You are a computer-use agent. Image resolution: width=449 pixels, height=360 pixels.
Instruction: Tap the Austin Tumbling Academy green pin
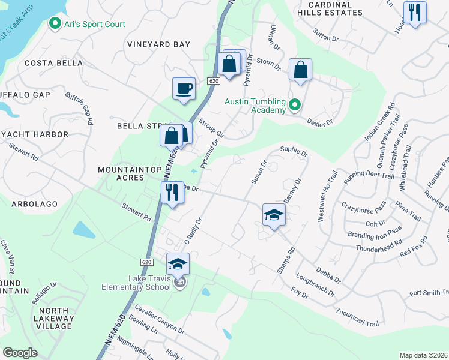[x=294, y=106]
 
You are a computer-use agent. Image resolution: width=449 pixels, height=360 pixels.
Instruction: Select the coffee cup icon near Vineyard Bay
[x=184, y=89]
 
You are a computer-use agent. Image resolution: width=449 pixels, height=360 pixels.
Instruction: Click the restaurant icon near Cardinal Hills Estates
[x=414, y=13]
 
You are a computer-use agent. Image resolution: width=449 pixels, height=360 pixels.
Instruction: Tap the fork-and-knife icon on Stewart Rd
[x=172, y=193]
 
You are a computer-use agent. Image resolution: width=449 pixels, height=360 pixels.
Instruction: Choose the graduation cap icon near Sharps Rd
[x=274, y=215]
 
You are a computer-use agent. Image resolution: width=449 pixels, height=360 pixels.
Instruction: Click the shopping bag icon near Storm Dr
[x=300, y=70]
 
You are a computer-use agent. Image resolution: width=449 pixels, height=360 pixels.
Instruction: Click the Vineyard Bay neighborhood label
[x=158, y=44]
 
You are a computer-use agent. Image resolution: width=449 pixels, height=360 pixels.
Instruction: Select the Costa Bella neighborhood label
[x=48, y=63]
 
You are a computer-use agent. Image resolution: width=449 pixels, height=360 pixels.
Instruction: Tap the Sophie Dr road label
[x=294, y=149]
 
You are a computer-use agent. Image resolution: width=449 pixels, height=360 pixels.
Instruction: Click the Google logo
[x=20, y=353]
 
